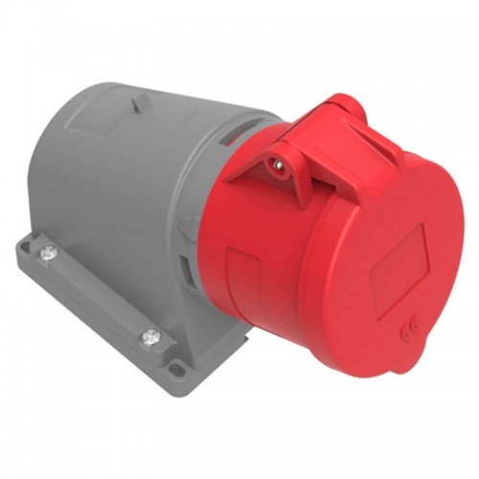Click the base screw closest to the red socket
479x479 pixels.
tap(151, 335)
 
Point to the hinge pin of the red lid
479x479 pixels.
tap(277, 166)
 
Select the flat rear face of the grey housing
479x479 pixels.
tap(57, 182)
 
